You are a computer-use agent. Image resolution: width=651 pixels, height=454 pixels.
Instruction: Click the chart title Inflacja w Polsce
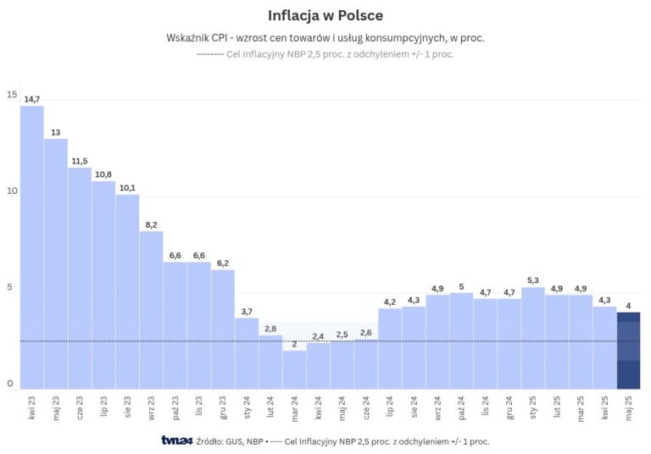[325, 15]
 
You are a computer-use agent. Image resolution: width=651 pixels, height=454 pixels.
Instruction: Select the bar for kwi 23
[32, 246]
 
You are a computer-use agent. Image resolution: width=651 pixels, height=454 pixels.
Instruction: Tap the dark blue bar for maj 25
[628, 350]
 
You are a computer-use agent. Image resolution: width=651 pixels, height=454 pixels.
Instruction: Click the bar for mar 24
[294, 369]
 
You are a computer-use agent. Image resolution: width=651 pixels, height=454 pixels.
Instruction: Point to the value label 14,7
[32, 99]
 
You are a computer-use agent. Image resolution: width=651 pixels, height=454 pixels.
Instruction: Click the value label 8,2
[151, 224]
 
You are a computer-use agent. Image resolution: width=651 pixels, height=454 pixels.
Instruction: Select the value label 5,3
[532, 280]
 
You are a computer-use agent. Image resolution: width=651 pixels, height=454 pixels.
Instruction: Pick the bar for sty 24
[247, 352]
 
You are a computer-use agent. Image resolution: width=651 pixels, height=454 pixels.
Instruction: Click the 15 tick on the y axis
[11, 95]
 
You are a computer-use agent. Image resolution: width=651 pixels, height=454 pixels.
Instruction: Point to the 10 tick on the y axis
[11, 191]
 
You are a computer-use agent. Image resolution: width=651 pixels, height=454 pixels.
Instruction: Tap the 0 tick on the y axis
[11, 384]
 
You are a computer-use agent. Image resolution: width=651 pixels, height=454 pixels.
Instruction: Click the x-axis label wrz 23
[151, 406]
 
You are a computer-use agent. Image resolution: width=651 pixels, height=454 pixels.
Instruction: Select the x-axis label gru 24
[509, 406]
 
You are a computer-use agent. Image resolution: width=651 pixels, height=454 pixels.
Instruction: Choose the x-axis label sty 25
[532, 406]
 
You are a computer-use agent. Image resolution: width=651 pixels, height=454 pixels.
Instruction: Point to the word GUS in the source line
[232, 441]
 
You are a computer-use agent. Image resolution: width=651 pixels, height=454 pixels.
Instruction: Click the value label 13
[56, 132]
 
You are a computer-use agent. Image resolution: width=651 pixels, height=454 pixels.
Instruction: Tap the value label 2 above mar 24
[294, 344]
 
